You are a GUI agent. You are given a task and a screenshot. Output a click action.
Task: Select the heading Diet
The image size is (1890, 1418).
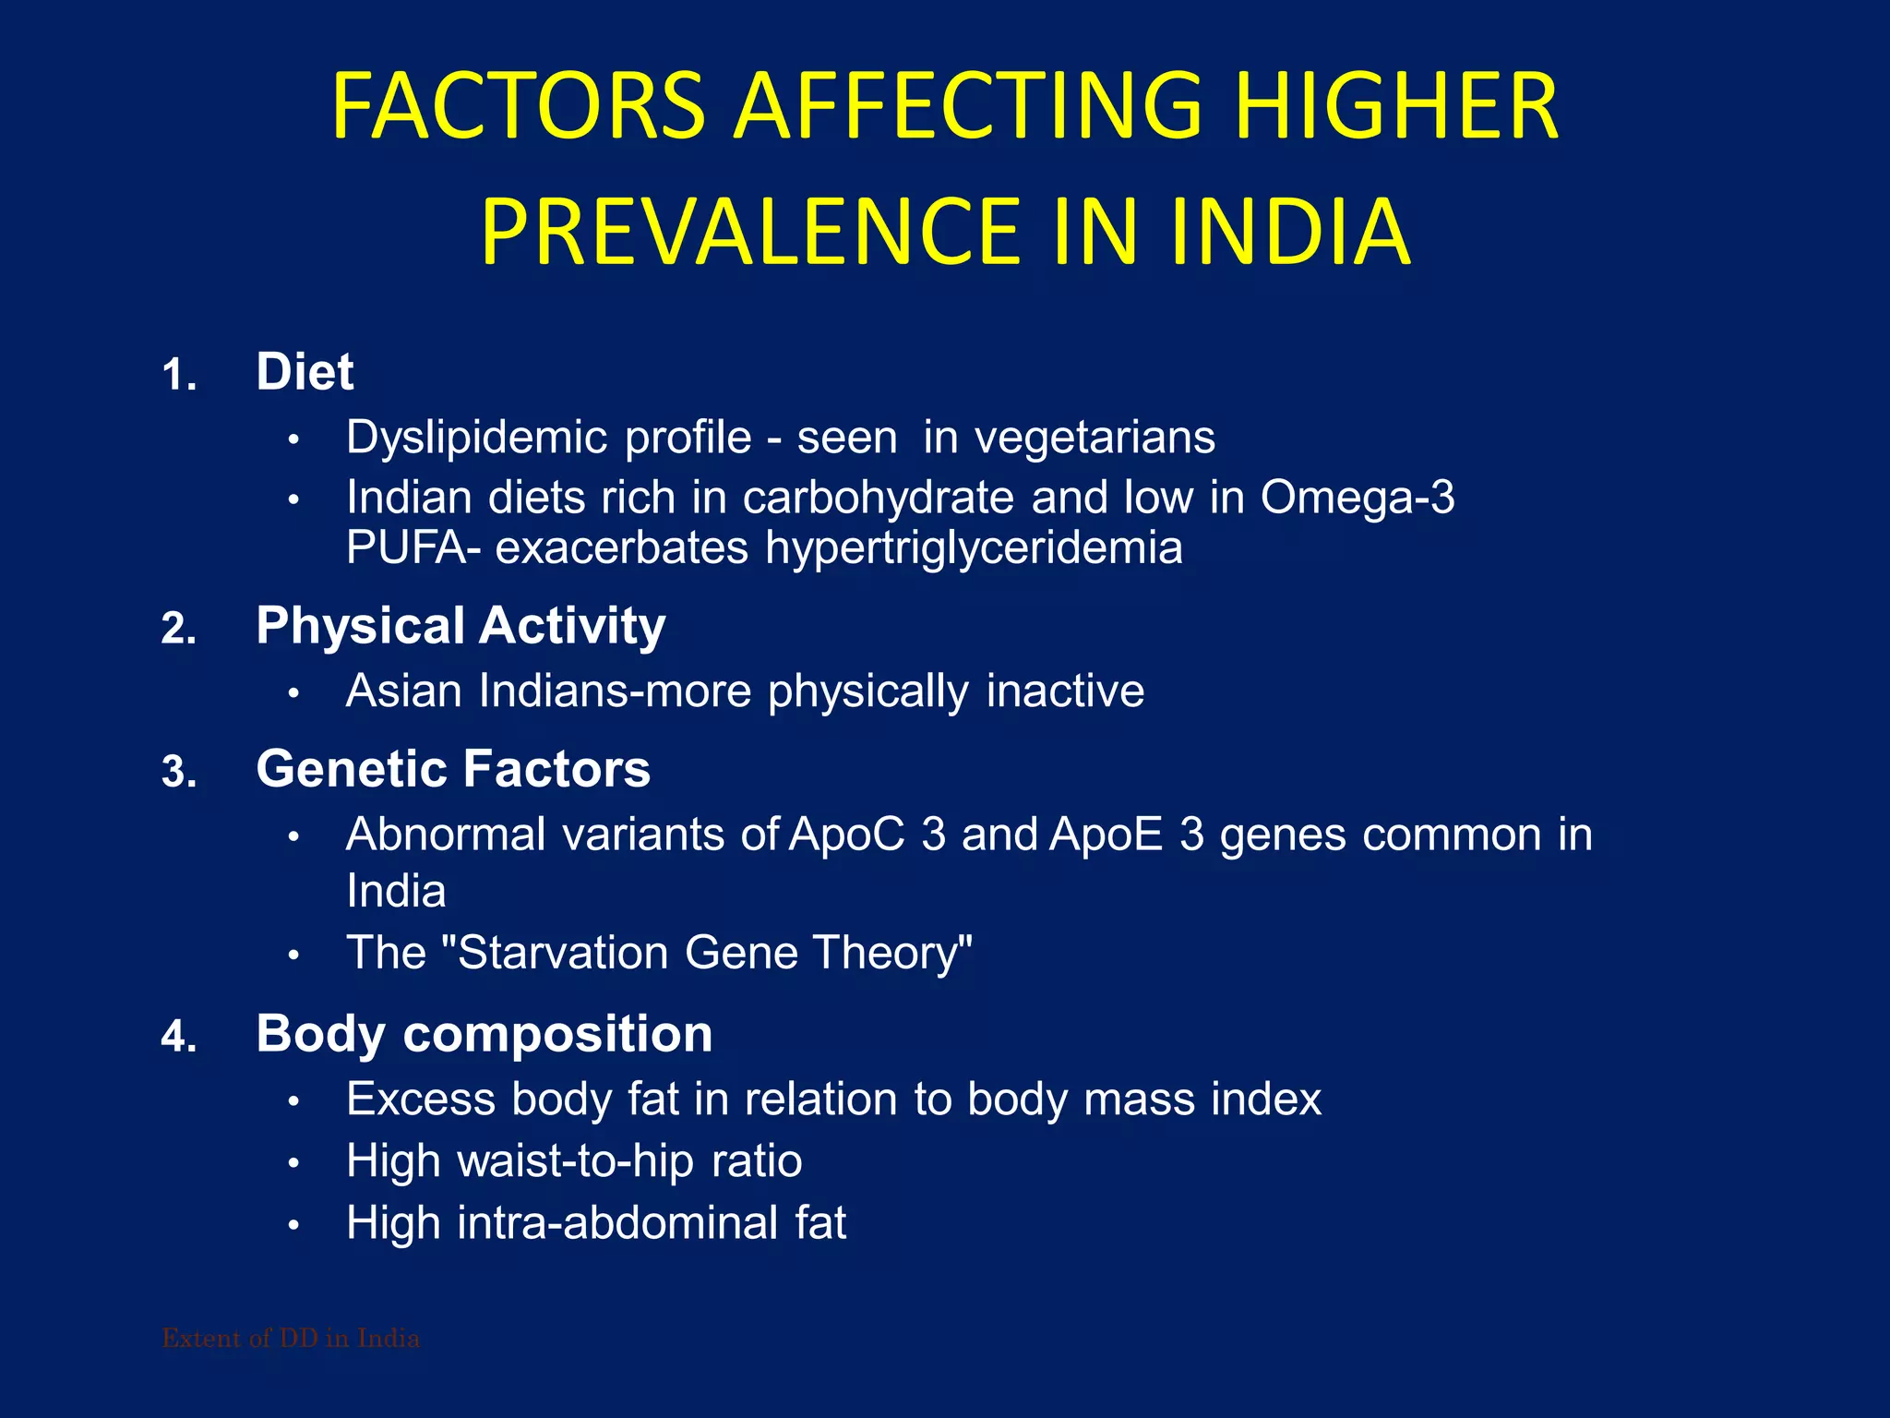click(305, 372)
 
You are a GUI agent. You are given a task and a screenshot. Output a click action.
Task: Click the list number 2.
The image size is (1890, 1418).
click(178, 630)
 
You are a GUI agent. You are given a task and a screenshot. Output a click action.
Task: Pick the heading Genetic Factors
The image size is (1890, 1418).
click(453, 769)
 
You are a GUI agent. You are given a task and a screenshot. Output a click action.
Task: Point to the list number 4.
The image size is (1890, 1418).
click(178, 1038)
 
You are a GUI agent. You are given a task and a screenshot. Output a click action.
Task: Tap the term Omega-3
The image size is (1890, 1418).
click(1358, 498)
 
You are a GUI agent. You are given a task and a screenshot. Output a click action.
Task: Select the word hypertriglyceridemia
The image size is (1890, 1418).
click(974, 547)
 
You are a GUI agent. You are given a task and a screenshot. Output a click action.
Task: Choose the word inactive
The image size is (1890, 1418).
click(1065, 691)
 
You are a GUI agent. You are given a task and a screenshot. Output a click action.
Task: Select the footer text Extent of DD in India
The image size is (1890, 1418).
click(291, 1339)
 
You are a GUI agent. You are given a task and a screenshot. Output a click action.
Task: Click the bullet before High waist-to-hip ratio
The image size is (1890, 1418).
click(293, 1163)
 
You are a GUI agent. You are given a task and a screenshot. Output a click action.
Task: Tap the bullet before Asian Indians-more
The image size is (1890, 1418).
click(293, 693)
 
